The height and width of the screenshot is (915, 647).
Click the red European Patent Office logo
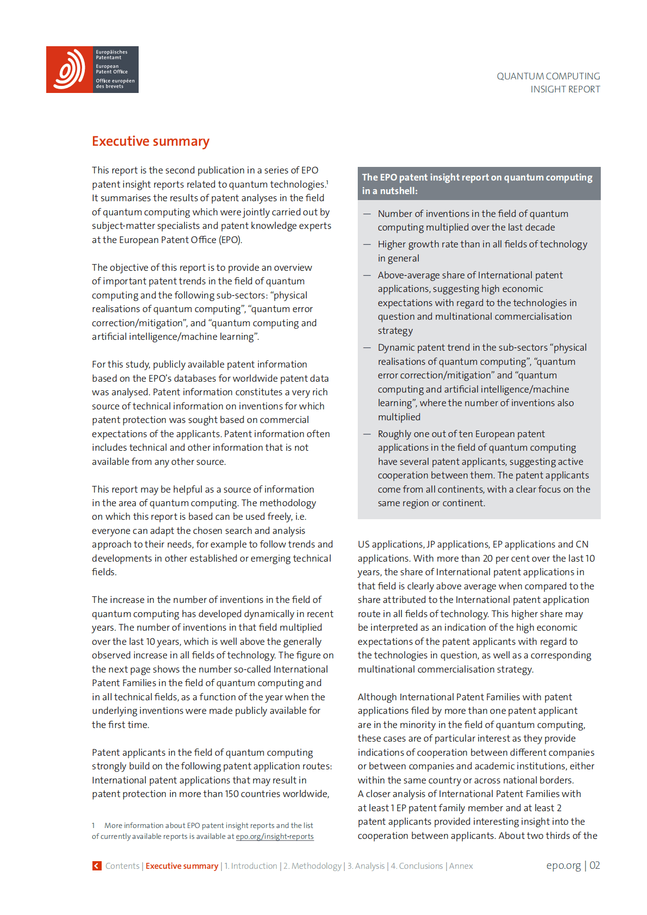pos(70,70)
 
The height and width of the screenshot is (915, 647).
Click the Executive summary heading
pos(151,141)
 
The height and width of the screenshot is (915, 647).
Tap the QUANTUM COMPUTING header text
pos(548,76)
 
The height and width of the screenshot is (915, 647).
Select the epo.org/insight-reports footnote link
pos(275,836)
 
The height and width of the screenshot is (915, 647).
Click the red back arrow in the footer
pos(97,866)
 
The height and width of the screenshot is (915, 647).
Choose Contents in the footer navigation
pos(122,866)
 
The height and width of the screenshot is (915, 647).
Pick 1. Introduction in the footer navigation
pos(251,866)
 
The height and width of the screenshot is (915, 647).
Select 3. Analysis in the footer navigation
pos(366,866)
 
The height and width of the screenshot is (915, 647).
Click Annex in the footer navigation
pos(461,866)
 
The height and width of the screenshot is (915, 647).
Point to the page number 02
pos(594,865)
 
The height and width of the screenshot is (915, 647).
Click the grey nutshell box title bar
pos(478,184)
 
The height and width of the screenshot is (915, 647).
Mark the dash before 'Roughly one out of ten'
pos(367,434)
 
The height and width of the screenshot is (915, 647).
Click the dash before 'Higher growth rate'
pos(367,244)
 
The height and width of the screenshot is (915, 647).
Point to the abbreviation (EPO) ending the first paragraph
pos(231,240)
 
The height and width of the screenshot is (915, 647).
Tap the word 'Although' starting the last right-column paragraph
pos(377,697)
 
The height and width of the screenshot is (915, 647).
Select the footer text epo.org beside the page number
pos(563,865)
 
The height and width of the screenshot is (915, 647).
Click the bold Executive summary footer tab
pos(182,866)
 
